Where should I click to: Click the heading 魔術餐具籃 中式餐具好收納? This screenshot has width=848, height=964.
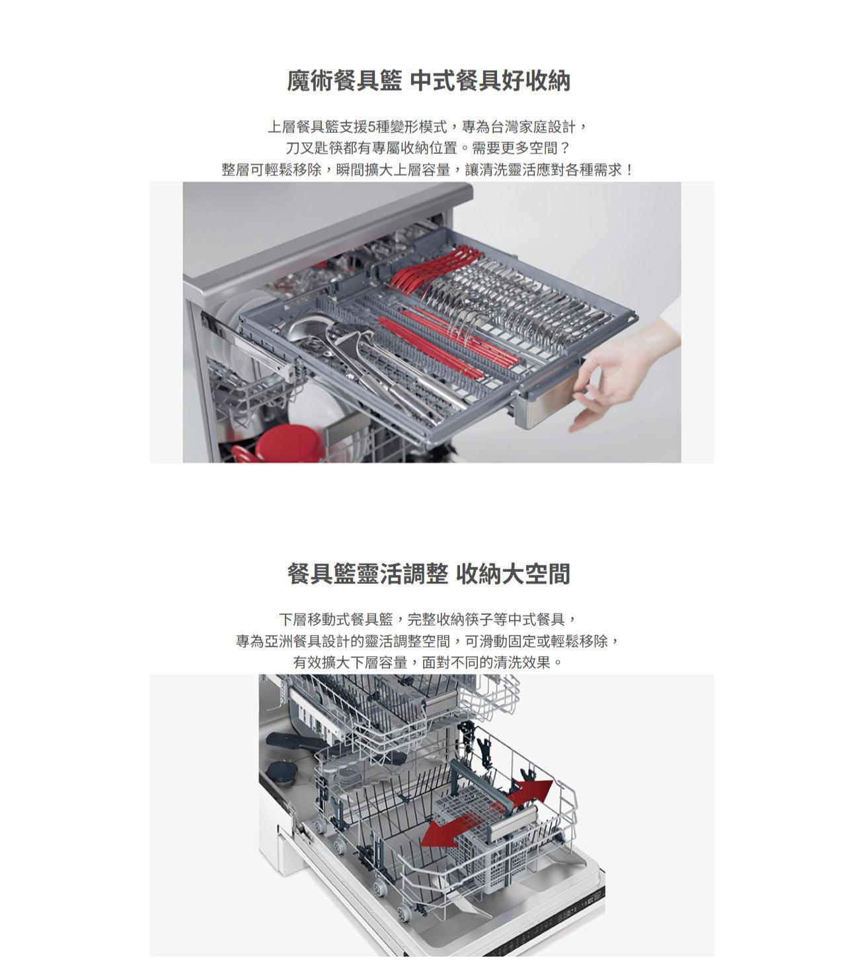(428, 81)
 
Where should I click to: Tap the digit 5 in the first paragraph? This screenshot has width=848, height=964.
(372, 127)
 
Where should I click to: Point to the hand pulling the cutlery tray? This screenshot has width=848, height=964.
(623, 371)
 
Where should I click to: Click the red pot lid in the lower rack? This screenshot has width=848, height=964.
(286, 442)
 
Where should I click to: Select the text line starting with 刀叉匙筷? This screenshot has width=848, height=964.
(428, 148)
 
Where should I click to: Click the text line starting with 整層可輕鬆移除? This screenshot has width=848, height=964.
(428, 169)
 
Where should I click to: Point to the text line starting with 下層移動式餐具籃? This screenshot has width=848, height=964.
(428, 620)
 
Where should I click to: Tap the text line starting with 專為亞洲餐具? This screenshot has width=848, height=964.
(428, 641)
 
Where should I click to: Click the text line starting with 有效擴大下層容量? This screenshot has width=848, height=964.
(428, 663)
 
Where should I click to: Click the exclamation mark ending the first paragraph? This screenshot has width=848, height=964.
(630, 169)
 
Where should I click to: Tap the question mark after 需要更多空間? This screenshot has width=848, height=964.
(565, 148)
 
